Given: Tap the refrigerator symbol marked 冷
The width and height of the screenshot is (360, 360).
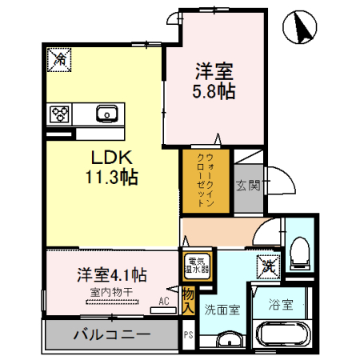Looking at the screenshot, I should coord(59,58).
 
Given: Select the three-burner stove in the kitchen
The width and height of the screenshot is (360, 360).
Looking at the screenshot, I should coord(60,114).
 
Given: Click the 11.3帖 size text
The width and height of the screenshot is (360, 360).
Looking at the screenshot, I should coord(112,178).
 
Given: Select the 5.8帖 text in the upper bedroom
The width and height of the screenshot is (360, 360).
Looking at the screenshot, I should coord(214,91).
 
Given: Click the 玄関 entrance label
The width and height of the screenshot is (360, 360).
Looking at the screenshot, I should coord(247,186).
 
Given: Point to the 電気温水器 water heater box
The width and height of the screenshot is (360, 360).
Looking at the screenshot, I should coord(198,266).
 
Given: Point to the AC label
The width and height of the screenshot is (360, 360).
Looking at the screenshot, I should coord(163,302).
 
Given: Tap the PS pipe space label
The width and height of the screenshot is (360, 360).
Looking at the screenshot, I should coord(189,335).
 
